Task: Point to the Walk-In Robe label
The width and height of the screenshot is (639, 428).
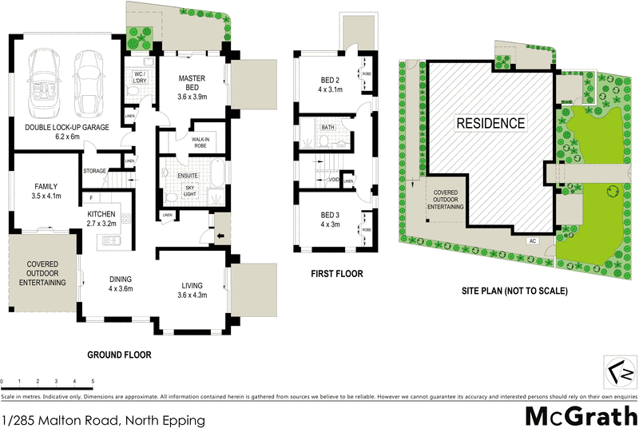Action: coord(200,142)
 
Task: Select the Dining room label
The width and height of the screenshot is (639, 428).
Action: coord(121,283)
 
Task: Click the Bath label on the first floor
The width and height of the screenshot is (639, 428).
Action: coord(327,128)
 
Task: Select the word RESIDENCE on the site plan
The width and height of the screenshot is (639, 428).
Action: coord(491,123)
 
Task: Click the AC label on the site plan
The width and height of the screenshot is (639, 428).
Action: coord(532,240)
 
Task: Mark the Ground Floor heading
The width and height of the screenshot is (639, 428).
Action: coord(120,355)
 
